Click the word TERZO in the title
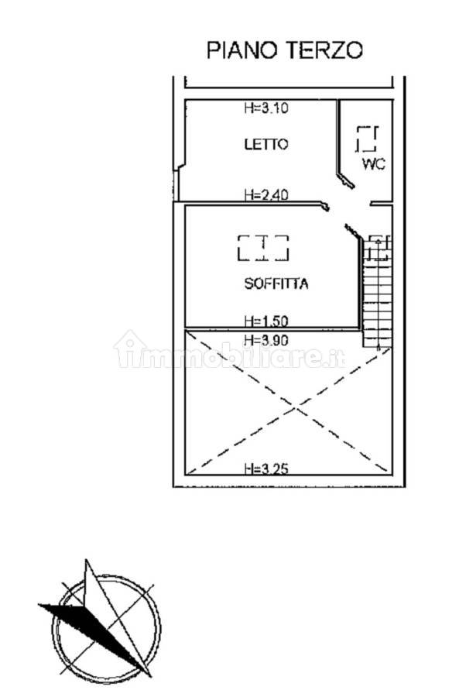point(324,50)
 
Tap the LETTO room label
point(266,144)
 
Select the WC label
point(373,163)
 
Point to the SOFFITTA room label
point(276,283)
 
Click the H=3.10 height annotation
point(266,108)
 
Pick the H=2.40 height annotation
point(266,194)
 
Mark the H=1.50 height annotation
point(266,321)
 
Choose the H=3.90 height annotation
point(266,340)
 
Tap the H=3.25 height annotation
point(266,469)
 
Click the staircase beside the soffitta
point(378,292)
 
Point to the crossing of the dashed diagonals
point(295,407)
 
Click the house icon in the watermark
point(130,349)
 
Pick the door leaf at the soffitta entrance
point(352,231)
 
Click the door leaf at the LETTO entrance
point(325,206)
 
